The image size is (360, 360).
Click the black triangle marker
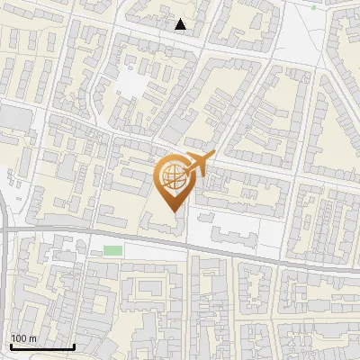(x=181, y=24)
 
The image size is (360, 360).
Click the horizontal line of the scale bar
(x=42, y=346)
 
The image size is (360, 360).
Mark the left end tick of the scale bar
(x=11, y=345)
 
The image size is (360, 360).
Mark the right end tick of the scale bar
(x=74, y=345)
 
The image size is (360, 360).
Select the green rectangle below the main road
(x=112, y=250)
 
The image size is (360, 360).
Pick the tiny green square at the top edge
(x=314, y=6)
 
